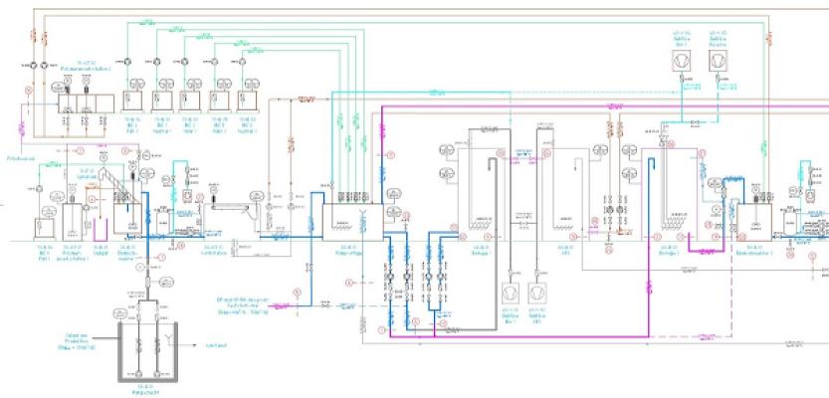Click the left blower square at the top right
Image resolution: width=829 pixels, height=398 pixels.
point(679,62)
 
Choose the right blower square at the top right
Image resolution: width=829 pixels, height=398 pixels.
point(719,62)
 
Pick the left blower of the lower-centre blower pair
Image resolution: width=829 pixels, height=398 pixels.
point(512,295)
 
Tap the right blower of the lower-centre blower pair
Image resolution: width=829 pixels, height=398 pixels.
point(538,295)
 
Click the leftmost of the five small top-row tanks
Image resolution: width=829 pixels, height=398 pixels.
point(132,100)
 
